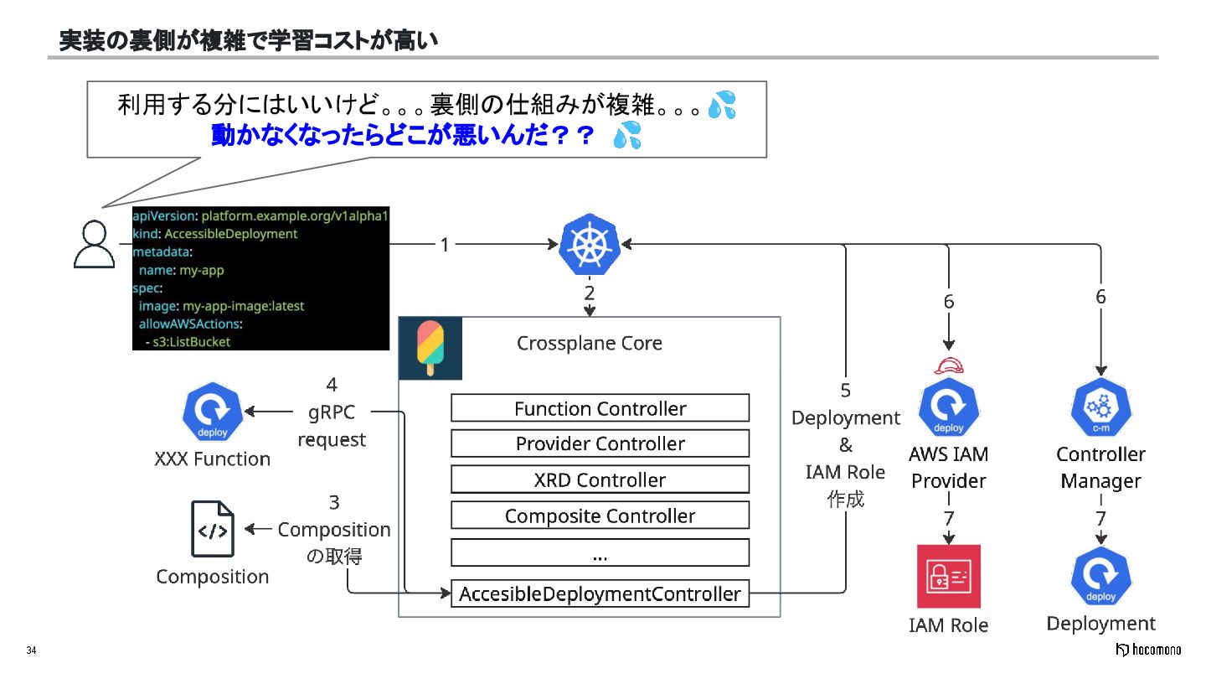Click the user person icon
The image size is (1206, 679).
(x=94, y=244)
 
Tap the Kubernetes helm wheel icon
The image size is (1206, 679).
(x=590, y=244)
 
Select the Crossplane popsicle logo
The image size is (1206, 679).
(x=430, y=348)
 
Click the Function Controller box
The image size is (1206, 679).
(x=600, y=408)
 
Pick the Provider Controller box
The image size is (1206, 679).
(x=600, y=443)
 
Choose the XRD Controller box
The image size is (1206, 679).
(x=600, y=479)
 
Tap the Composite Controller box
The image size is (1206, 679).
(x=600, y=516)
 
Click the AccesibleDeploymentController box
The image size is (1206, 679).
(x=600, y=593)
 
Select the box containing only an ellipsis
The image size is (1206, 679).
(x=600, y=552)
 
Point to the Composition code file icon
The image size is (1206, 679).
(x=213, y=529)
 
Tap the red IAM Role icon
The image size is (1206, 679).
(x=949, y=576)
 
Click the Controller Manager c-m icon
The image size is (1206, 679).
(x=1101, y=407)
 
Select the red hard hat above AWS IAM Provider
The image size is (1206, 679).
(x=949, y=365)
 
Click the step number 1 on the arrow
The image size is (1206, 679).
(x=445, y=245)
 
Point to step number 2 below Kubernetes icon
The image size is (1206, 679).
(x=590, y=293)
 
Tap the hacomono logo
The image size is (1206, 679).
(x=1148, y=650)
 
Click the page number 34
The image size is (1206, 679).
(x=31, y=650)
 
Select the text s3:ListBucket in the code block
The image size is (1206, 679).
(x=192, y=342)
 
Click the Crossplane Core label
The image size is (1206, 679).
(x=590, y=344)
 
